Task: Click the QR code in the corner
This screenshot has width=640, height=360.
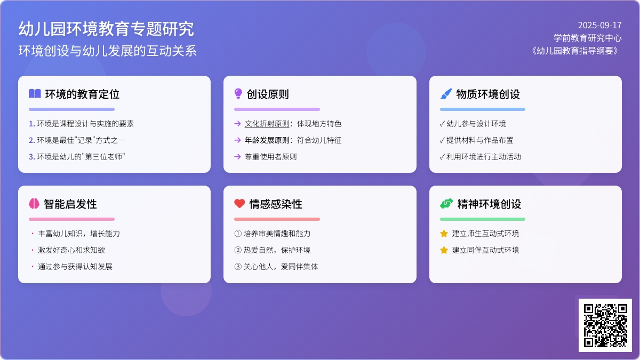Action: (x=605, y=325)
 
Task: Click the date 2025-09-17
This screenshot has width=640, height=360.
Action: (x=599, y=26)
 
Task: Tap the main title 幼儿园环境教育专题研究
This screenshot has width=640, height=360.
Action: (x=106, y=29)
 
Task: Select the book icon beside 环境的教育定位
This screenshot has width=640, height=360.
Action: (x=35, y=94)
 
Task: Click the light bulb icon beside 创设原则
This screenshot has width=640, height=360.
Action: (x=238, y=93)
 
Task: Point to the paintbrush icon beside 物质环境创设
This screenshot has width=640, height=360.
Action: (x=446, y=94)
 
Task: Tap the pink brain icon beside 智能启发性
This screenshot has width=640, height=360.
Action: (x=34, y=203)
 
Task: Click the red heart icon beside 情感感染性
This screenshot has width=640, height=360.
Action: (x=239, y=203)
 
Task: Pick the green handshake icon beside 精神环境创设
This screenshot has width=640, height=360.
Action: (x=446, y=203)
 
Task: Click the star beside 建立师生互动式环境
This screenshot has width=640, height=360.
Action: (x=444, y=234)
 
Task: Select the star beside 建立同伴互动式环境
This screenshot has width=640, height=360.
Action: (x=444, y=250)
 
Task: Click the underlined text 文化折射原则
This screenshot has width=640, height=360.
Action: (x=267, y=124)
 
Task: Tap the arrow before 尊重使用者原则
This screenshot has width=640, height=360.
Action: (x=237, y=157)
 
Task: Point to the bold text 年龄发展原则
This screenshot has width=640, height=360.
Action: (x=267, y=140)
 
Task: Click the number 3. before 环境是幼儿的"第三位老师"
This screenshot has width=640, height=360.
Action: (x=31, y=157)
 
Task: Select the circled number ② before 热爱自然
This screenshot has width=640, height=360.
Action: (x=238, y=250)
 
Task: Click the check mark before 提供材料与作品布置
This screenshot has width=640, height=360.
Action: (x=442, y=140)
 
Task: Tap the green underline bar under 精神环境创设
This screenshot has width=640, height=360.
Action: (x=483, y=219)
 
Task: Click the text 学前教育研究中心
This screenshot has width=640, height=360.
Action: (x=588, y=38)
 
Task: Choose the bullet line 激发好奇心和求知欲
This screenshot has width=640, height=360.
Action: (x=71, y=250)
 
